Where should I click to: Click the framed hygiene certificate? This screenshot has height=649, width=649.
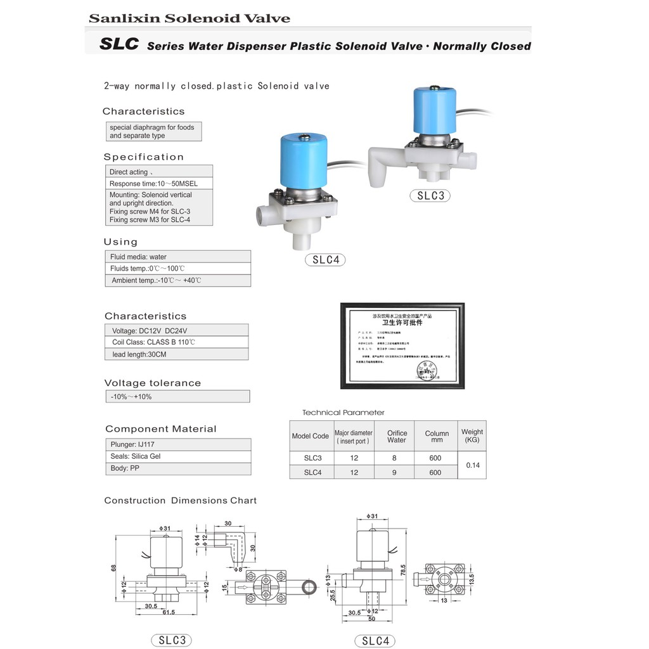(x=402, y=345)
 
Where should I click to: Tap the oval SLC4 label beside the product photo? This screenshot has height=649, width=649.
(x=326, y=260)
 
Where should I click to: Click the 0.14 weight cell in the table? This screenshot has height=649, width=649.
(x=472, y=465)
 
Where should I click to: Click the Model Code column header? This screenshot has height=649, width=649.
(x=310, y=436)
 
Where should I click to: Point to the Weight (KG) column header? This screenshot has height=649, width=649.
(x=472, y=435)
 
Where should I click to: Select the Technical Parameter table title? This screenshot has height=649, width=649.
(x=343, y=413)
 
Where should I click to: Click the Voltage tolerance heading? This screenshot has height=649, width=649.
(x=153, y=383)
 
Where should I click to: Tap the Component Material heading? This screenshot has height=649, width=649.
(x=160, y=429)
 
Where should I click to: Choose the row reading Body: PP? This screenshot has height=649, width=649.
(x=177, y=468)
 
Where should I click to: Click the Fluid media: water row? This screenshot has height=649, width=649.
(x=177, y=257)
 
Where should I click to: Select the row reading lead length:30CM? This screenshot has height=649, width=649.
(x=176, y=354)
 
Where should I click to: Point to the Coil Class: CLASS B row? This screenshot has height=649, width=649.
(x=176, y=342)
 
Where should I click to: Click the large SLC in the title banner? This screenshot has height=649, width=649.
(x=119, y=45)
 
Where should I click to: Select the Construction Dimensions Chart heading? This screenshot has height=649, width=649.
(x=181, y=501)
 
